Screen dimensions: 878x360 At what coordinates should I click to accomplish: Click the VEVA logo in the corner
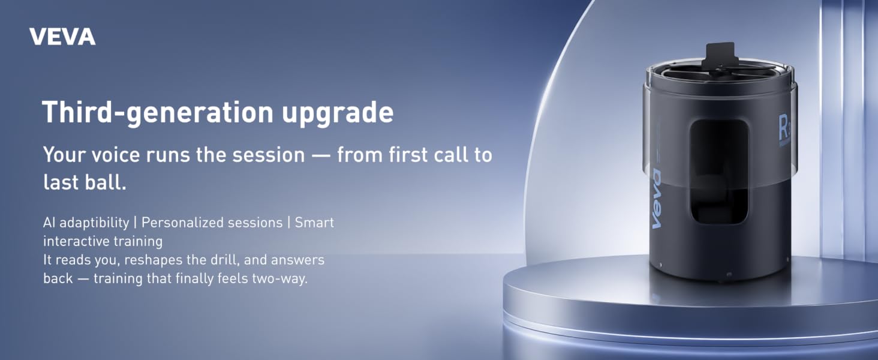pos(62,37)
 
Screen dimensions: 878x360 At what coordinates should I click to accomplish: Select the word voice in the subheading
pos(116,155)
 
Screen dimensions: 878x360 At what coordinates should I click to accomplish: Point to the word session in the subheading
pos(269,155)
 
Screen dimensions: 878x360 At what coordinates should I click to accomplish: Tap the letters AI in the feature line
pos(49,223)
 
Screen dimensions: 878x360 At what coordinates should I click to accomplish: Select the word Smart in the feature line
pos(314,223)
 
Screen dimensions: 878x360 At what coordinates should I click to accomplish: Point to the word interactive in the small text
pos(74,241)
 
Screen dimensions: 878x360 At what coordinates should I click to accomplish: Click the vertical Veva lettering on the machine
pos(656,199)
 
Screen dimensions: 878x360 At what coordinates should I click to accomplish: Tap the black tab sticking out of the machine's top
pos(720,56)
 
